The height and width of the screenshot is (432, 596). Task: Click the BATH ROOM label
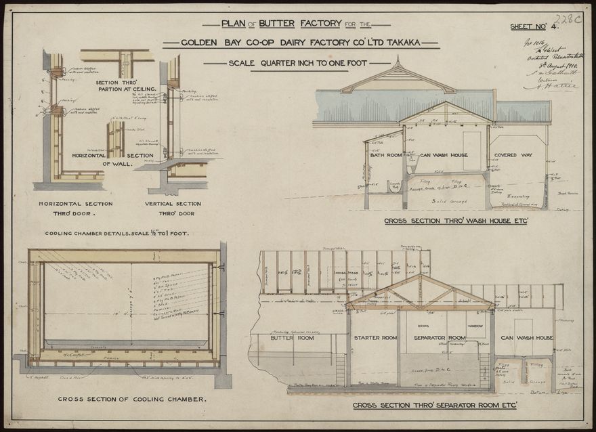386,155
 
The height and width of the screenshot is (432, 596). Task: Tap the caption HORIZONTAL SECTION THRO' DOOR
75,208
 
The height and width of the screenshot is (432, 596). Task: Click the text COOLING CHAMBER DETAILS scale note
116,234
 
